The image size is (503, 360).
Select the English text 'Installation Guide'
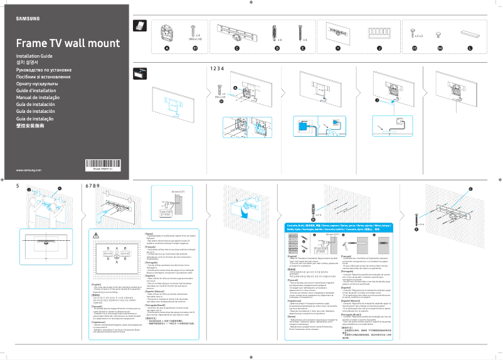[36, 56]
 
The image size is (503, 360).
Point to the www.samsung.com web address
[28, 170]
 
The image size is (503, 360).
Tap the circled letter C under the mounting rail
[236, 48]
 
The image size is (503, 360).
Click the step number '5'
[18, 186]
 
